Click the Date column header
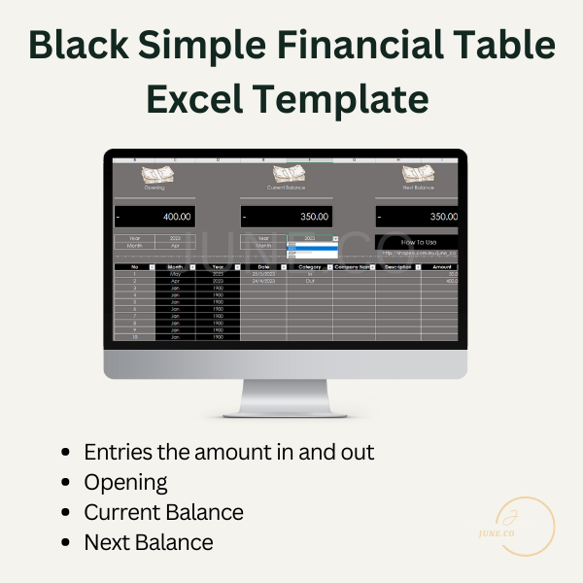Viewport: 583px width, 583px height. pyautogui.click(x=262, y=266)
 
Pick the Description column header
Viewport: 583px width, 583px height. pyautogui.click(x=396, y=266)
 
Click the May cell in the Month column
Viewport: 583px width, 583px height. pyautogui.click(x=175, y=274)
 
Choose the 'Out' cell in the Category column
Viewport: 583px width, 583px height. pyautogui.click(x=310, y=280)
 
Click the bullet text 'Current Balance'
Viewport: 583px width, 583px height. pyautogui.click(x=163, y=512)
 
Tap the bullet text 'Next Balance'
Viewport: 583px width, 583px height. pyautogui.click(x=148, y=542)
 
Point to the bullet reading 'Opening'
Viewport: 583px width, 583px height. pyautogui.click(x=125, y=482)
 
